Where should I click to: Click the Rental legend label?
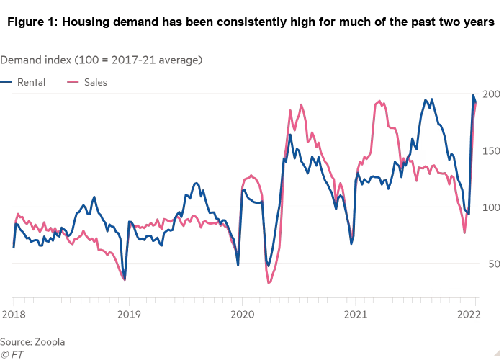point(32,83)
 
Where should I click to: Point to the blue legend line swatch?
point(6,83)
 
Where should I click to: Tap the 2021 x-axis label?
point(357,314)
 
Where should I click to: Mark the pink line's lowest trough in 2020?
point(269,283)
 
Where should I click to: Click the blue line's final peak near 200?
point(474,95)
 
